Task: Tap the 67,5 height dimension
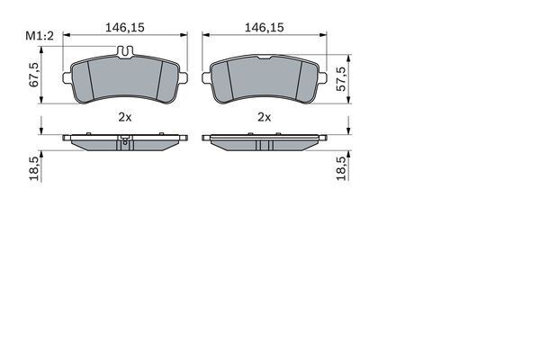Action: tap(34, 75)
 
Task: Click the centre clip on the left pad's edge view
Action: tap(125, 140)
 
